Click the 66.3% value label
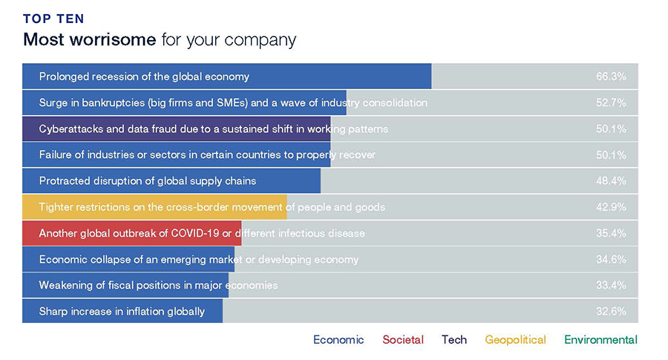[611, 76]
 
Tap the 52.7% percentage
[611, 102]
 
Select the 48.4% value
[611, 180]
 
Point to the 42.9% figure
[611, 207]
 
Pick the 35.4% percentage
[611, 233]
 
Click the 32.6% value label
[611, 311]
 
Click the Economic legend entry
[338, 339]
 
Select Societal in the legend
[403, 339]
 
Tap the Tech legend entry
[454, 339]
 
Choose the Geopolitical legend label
[515, 340]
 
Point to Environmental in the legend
[600, 339]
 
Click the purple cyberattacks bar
[177, 128]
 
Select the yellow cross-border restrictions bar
[154, 207]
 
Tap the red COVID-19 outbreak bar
[132, 233]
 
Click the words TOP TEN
[53, 19]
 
